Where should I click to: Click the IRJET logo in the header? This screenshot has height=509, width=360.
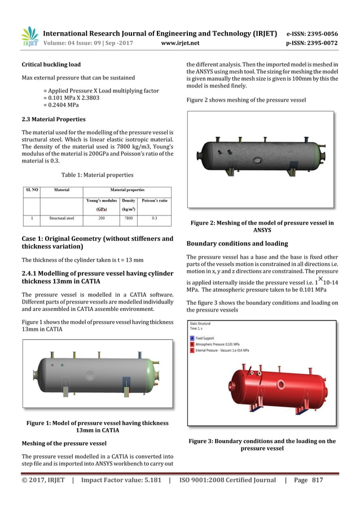[29, 37]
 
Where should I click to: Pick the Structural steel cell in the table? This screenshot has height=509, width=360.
[62, 217]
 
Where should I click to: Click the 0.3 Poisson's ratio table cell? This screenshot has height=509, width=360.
[154, 217]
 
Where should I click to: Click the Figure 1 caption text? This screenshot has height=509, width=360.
[98, 427]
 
